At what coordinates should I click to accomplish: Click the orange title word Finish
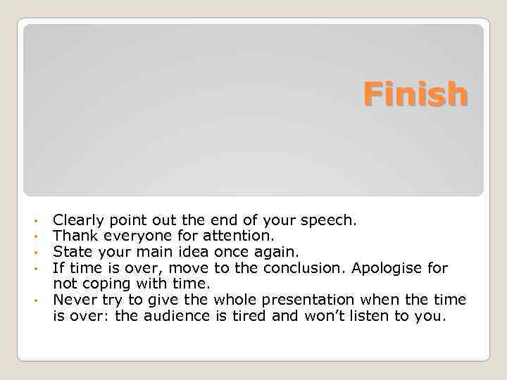(x=415, y=94)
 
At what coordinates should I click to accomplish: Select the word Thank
(x=73, y=236)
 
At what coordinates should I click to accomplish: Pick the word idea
(x=191, y=251)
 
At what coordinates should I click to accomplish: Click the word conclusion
(x=303, y=267)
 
